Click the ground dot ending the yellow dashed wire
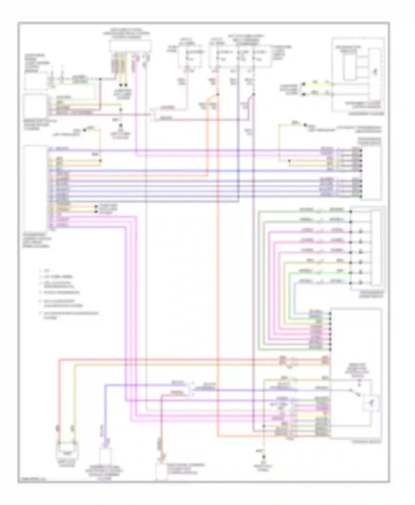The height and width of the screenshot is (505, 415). pyautogui.click(x=264, y=457)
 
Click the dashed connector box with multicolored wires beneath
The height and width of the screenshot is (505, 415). pyautogui.click(x=131, y=46)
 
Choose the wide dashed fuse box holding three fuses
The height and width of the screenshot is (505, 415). pyautogui.click(x=240, y=57)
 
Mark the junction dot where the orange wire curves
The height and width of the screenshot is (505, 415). pyautogui.click(x=218, y=94)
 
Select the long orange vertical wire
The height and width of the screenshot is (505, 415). pyautogui.click(x=218, y=276)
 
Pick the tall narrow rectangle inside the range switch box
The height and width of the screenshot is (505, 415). pyautogui.click(x=376, y=247)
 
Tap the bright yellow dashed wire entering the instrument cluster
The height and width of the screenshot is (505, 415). pyautogui.click(x=318, y=84)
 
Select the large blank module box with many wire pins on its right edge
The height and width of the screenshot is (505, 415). pyautogui.click(x=36, y=188)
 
